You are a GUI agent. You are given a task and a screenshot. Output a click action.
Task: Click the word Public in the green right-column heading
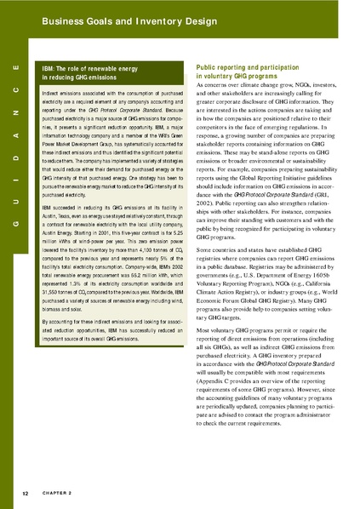click(209, 66)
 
